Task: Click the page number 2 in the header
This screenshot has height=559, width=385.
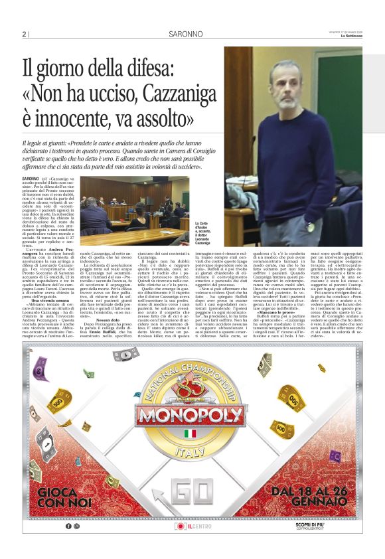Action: tap(24, 35)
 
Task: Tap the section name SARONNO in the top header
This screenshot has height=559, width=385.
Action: tap(188, 35)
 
